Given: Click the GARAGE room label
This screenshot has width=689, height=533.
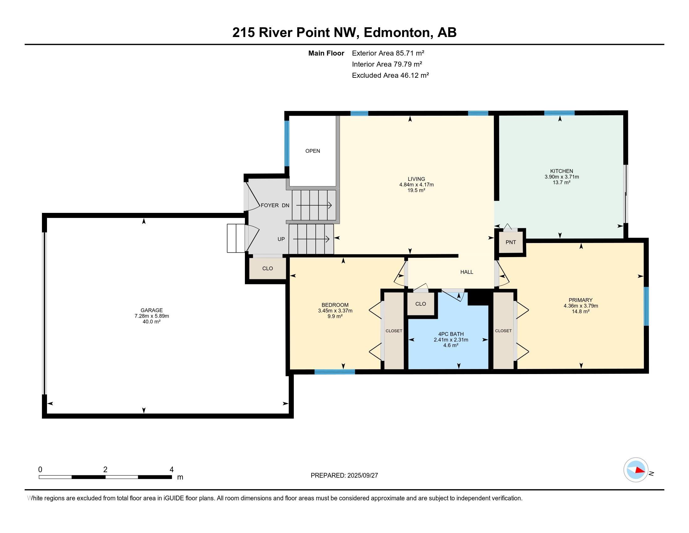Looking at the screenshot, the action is (152, 310).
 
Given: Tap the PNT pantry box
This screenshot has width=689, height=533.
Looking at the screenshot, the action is (511, 242).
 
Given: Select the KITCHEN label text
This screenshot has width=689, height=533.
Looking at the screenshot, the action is (562, 171).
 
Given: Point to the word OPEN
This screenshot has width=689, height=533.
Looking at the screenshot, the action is (313, 151).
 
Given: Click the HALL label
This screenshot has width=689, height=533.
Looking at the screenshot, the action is (467, 272).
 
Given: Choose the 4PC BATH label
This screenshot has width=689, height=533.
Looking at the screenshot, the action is (451, 334).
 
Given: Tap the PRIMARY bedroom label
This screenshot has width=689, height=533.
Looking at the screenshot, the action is (580, 300).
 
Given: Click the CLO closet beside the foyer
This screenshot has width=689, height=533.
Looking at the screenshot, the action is (267, 268).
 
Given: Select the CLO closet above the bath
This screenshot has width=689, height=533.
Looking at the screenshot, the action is (421, 304).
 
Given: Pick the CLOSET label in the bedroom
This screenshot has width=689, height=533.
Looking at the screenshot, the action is (394, 331).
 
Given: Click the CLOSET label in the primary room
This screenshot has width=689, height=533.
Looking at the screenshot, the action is (503, 330).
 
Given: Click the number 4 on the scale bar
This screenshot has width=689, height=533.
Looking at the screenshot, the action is (172, 470).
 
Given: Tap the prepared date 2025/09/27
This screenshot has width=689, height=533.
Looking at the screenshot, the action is (362, 476).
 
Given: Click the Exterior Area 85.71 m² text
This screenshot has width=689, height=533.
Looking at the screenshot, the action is (388, 53).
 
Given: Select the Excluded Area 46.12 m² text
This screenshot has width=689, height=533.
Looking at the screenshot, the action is (390, 75).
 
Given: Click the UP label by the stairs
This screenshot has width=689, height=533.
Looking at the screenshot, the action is (281, 239).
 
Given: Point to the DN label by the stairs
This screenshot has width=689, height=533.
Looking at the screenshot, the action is (286, 205).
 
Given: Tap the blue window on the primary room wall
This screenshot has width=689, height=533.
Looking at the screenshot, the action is (646, 306).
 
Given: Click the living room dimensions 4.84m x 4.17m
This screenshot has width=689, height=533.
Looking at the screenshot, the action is (417, 185).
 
